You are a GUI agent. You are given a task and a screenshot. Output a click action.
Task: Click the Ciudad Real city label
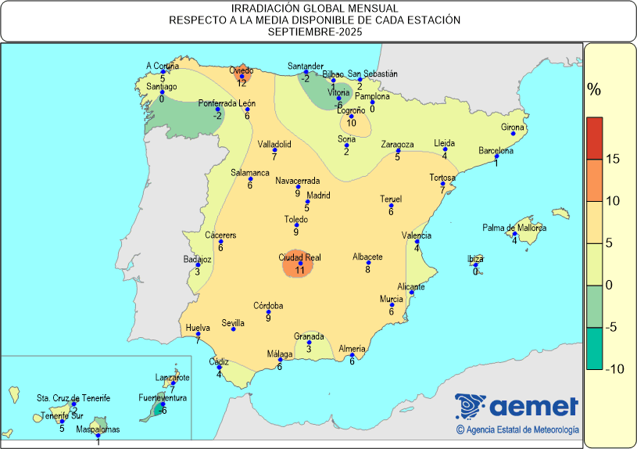click(x=299, y=257)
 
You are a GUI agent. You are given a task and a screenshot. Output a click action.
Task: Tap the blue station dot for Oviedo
click(x=242, y=77)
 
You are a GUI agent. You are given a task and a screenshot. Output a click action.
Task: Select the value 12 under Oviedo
click(x=242, y=83)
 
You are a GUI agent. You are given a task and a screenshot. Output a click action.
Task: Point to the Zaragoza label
click(x=397, y=145)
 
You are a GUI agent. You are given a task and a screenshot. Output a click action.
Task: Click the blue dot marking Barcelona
click(x=497, y=156)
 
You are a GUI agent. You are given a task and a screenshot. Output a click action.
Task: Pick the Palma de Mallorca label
click(x=514, y=228)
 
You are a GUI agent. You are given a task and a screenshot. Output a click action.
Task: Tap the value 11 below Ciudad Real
click(x=299, y=271)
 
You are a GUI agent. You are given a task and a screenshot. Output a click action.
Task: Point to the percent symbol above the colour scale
click(x=594, y=90)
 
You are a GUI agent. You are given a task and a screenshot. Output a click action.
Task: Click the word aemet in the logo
click(x=535, y=407)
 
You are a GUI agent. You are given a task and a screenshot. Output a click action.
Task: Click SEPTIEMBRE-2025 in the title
click(x=318, y=32)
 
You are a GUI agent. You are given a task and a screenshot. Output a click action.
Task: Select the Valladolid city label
click(x=274, y=144)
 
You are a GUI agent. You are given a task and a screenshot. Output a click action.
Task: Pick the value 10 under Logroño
click(x=352, y=123)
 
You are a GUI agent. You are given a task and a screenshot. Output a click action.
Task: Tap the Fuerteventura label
click(x=163, y=398)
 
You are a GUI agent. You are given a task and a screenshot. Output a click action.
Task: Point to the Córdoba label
click(x=268, y=306)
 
